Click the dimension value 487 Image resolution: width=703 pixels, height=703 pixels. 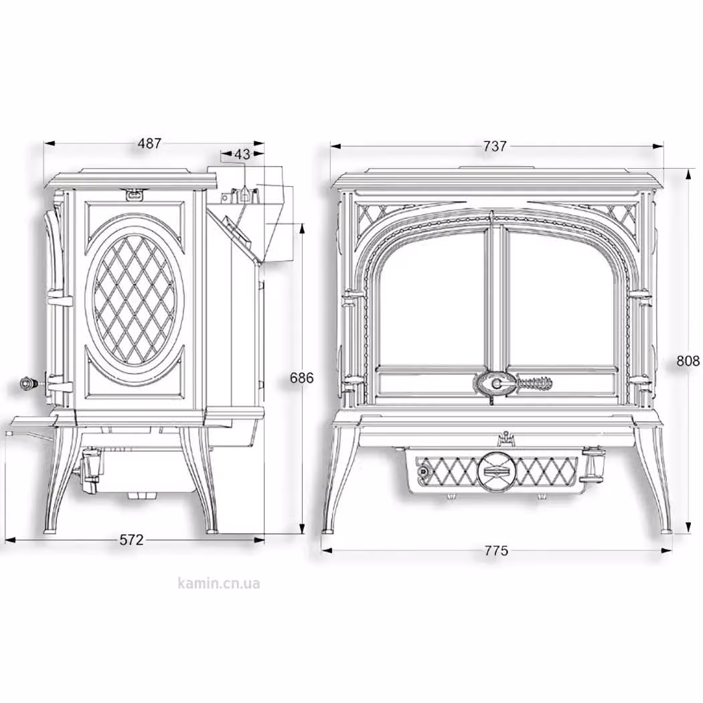coord(149,143)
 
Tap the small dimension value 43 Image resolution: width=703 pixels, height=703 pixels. coord(242,154)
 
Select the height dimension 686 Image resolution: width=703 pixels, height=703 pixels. coord(301,378)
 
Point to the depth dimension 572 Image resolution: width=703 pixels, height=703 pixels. coord(131,540)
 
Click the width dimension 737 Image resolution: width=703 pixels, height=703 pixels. coord(495,146)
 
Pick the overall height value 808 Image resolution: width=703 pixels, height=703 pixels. coord(688,360)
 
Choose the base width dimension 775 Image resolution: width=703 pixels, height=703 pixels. coord(496,550)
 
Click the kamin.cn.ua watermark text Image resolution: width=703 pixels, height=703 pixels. coord(219,583)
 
